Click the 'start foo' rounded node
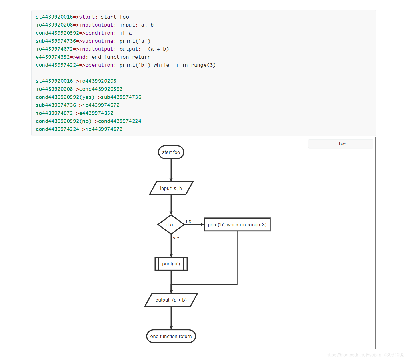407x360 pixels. [171, 152]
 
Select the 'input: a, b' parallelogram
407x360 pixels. [171, 188]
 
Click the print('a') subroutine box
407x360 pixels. [171, 264]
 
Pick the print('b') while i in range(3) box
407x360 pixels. [237, 225]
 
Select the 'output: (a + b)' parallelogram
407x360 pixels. [171, 300]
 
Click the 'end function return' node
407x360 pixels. [171, 336]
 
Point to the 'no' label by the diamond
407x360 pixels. [189, 221]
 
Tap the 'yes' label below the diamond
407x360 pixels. [177, 238]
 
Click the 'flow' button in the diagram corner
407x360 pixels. [341, 143]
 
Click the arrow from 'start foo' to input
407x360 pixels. [171, 170]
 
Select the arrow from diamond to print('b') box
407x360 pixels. [194, 225]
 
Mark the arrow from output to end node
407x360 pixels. [171, 318]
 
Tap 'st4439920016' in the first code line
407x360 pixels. [54, 17]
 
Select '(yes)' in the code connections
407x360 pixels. [87, 97]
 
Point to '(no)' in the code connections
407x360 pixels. [85, 121]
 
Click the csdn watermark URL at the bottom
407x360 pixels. [365, 355]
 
